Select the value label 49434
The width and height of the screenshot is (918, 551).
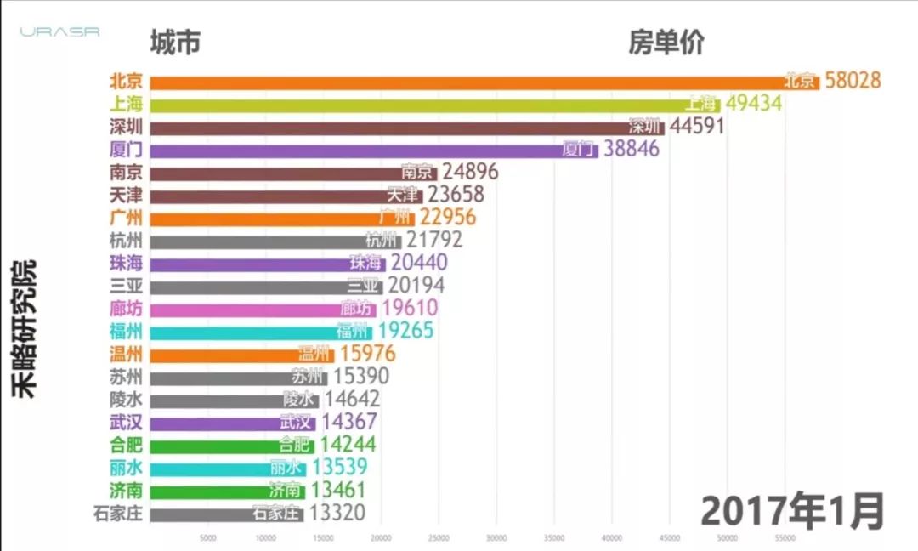coord(752,104)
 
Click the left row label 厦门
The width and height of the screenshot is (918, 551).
coord(126,150)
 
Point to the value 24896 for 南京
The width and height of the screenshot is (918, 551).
coord(470,173)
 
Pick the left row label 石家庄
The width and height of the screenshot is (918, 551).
coord(118,513)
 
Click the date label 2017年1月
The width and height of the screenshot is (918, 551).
coord(793,511)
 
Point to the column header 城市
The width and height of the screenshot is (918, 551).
coord(175,42)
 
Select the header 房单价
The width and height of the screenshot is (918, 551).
coord(666,42)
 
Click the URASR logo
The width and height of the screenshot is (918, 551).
coord(60,32)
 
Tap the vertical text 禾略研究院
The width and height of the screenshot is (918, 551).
coord(25,328)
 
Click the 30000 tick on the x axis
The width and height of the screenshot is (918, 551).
coord(496,537)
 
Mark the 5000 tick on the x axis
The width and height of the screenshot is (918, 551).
coord(207,537)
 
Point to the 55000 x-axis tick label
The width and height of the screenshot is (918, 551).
coord(785,537)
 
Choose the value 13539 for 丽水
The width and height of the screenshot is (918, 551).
coord(339,468)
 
